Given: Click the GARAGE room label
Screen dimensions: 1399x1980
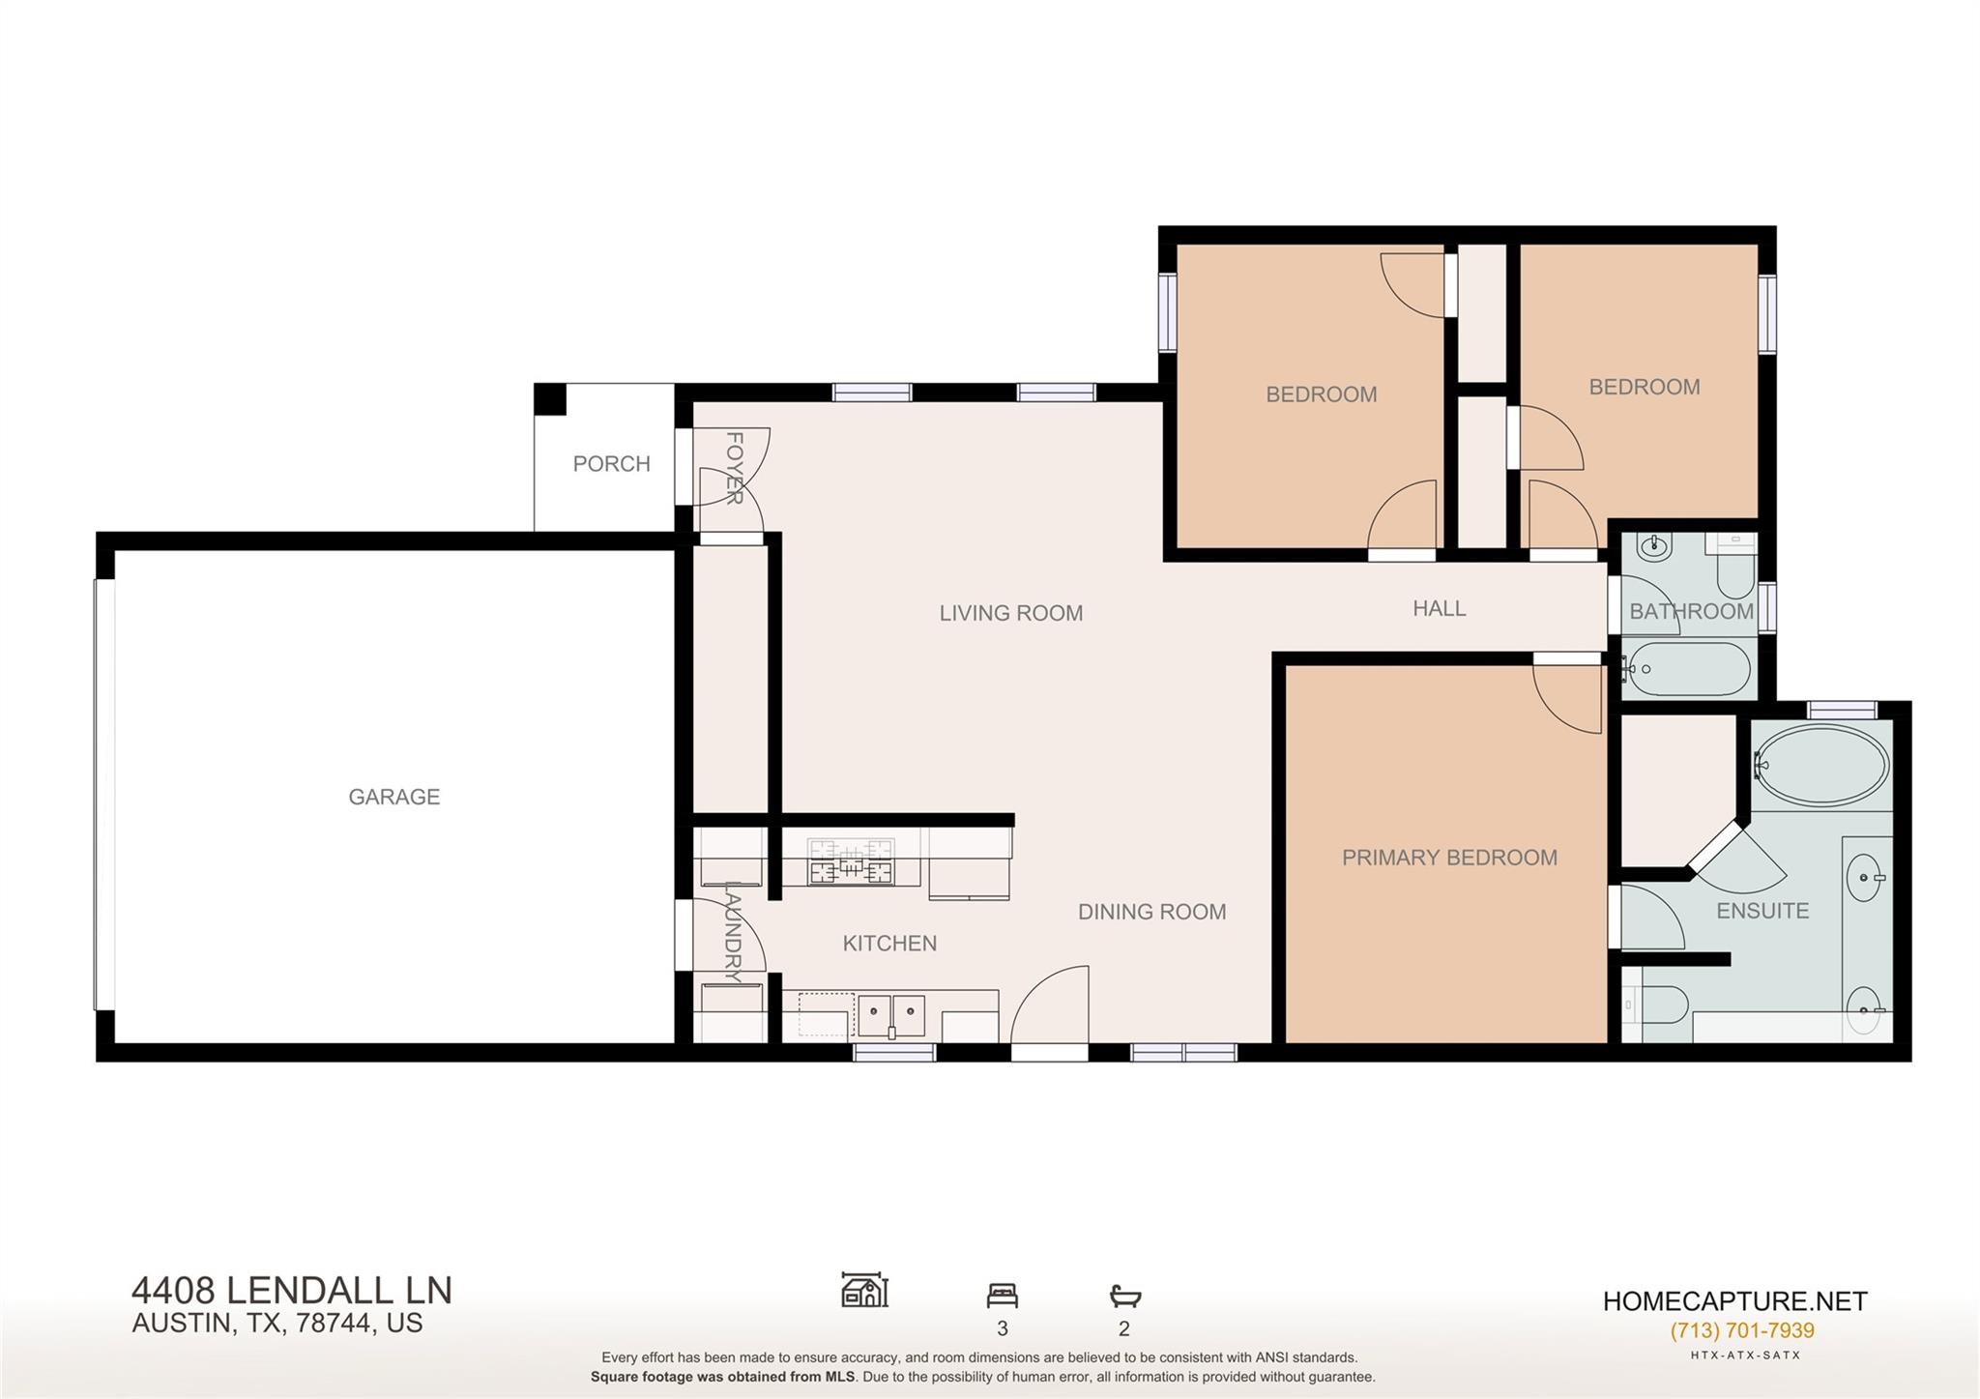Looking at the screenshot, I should (x=393, y=797).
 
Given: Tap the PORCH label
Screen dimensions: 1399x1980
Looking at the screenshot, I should (x=611, y=464).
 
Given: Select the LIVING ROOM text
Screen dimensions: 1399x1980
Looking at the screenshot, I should (x=1010, y=613).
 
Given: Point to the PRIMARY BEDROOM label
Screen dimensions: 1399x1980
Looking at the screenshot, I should (x=1448, y=858).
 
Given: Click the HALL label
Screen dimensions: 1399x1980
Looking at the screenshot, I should (x=1439, y=608).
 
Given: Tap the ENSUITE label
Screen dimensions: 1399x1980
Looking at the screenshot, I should (x=1762, y=911).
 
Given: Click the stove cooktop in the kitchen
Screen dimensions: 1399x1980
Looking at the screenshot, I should (x=851, y=861).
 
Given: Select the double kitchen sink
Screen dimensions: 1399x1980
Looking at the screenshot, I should (x=891, y=1016).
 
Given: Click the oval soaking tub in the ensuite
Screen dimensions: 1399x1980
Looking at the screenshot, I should (x=1819, y=766).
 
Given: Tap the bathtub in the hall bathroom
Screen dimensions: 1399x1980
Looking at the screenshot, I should (x=1688, y=669).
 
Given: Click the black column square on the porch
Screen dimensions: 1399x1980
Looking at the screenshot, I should (x=550, y=398).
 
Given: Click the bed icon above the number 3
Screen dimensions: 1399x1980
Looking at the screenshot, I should (x=1002, y=1295).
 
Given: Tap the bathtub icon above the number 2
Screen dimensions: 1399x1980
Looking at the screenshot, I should (x=1124, y=1296).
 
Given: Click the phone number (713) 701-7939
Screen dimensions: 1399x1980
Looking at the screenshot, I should (x=1741, y=1330).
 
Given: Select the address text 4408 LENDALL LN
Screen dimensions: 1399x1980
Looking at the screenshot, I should (x=291, y=1291).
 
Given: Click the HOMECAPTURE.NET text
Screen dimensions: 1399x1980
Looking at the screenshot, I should (x=1734, y=1301).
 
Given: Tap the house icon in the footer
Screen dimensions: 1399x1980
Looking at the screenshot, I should (x=864, y=1290).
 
